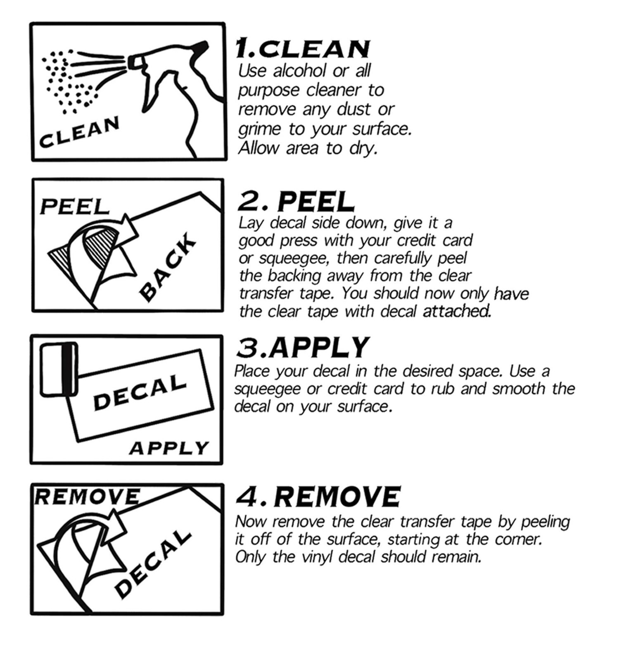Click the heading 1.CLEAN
coord(302,48)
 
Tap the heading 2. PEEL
coord(296,202)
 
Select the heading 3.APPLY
coord(302,347)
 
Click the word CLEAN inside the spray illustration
coord(79,131)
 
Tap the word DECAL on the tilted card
coord(140,392)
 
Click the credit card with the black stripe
coord(59,369)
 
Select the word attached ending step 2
coord(458,311)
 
